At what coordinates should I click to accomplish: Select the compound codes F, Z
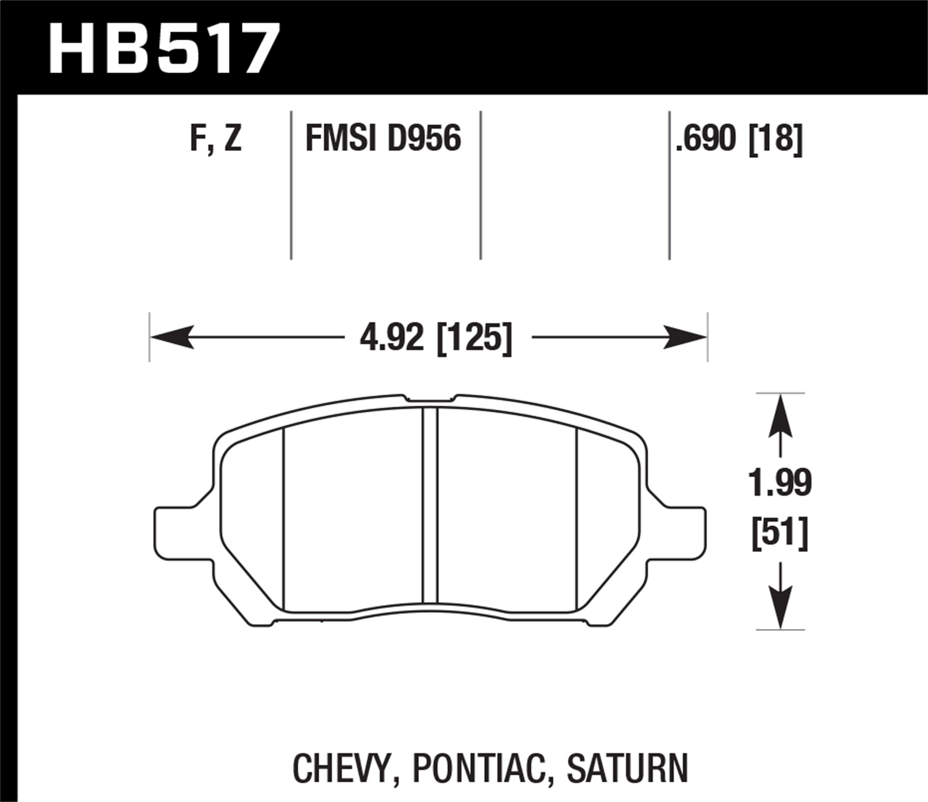215,138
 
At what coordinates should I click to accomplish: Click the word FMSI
341,138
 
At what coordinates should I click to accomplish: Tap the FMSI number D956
424,138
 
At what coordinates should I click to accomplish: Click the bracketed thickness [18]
776,138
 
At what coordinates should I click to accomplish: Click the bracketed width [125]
475,338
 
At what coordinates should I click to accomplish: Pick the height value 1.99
780,483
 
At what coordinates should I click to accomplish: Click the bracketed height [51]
780,533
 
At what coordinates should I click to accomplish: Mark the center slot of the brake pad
430,505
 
